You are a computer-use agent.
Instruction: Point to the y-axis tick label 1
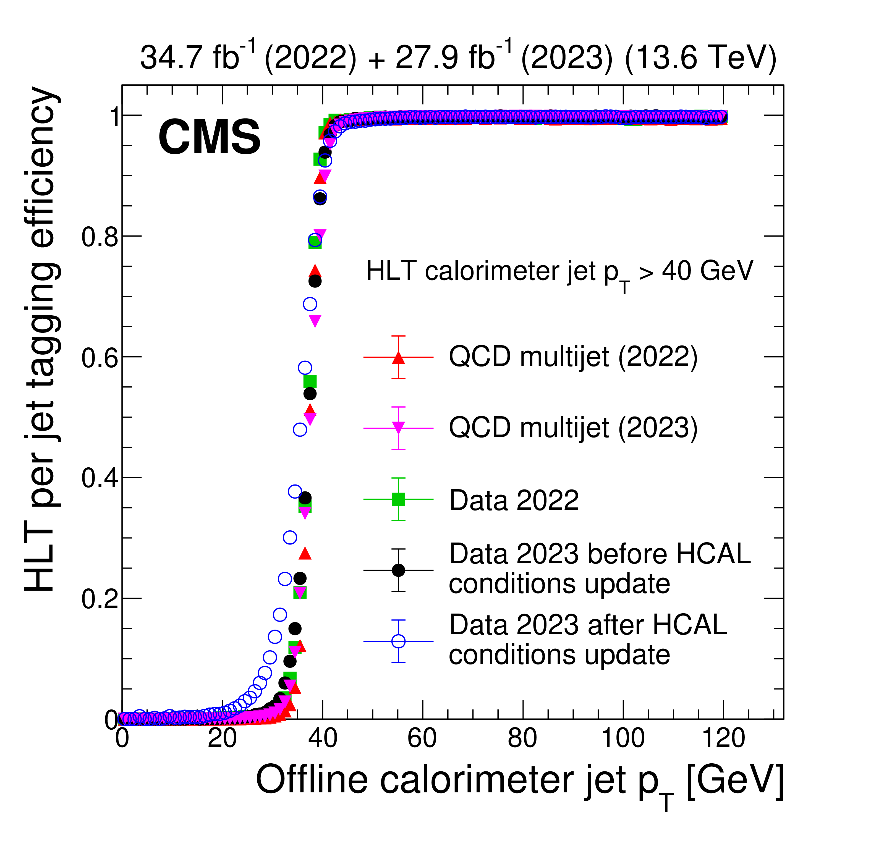click(115, 116)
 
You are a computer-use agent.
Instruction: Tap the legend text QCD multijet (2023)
click(573, 428)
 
